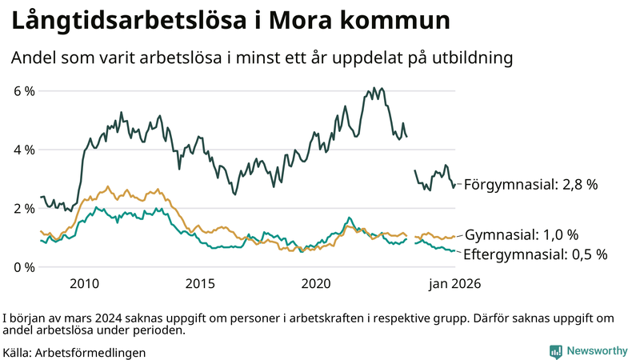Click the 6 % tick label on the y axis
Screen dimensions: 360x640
click(x=24, y=91)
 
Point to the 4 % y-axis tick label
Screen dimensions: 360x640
click(x=24, y=150)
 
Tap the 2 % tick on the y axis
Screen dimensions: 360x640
click(x=24, y=208)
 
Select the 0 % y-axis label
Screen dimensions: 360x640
click(x=24, y=266)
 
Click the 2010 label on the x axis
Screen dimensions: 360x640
click(x=84, y=283)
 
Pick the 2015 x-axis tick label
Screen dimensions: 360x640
click(x=200, y=283)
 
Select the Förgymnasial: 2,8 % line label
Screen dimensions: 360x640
click(x=530, y=185)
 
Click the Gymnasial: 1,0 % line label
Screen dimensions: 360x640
click(x=521, y=235)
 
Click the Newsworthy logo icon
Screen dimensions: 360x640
click(x=555, y=351)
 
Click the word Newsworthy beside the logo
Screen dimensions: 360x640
click(x=598, y=351)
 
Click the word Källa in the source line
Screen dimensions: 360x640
click(x=18, y=352)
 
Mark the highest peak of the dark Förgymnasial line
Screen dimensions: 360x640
click(x=374, y=87)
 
